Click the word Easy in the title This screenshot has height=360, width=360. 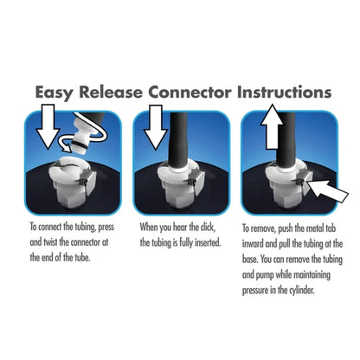point(55,93)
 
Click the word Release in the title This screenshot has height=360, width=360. point(111,93)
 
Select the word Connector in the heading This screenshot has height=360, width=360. point(190,93)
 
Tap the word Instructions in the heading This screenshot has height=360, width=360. point(284,93)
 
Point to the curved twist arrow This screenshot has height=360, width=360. point(87,138)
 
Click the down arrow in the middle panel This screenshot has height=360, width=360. point(156,127)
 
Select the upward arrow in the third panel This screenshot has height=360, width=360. point(272,127)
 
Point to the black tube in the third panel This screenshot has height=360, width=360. point(286,139)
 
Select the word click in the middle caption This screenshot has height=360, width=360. point(208,228)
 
